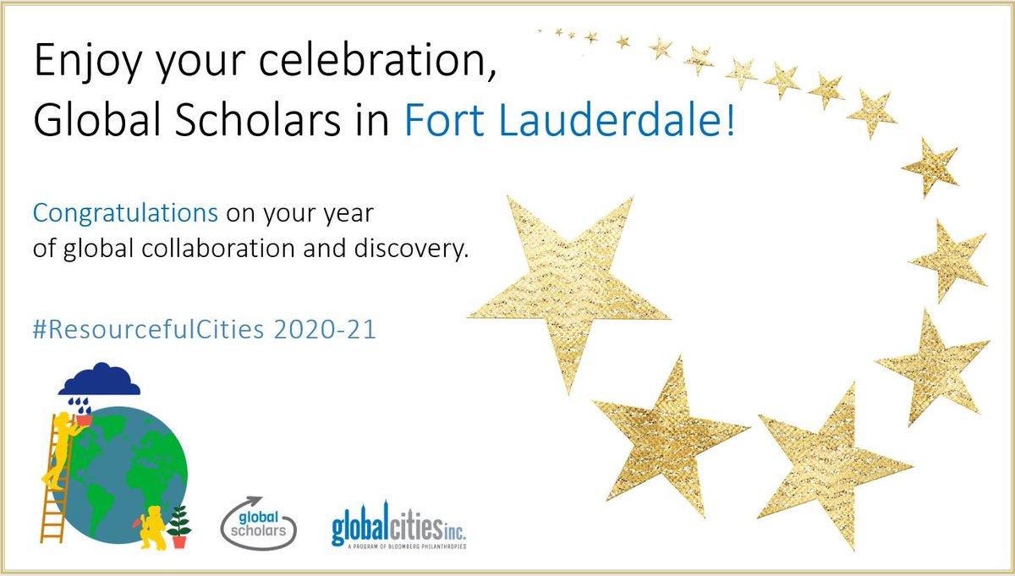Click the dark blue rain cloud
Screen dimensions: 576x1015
click(x=100, y=379)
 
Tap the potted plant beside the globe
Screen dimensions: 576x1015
click(x=179, y=524)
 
